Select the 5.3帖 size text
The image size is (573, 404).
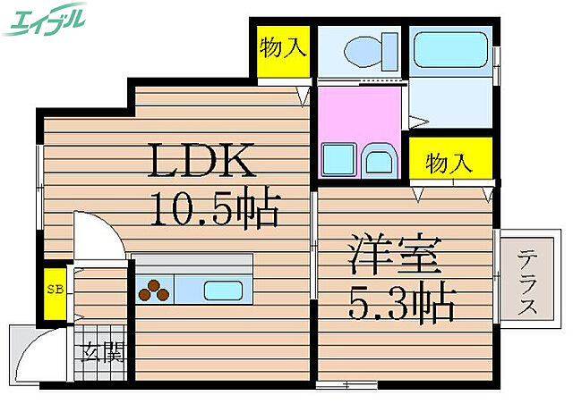pyautogui.click(x=402, y=304)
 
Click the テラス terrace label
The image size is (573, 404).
pyautogui.click(x=526, y=280)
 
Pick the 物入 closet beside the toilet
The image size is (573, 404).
pyautogui.click(x=280, y=46)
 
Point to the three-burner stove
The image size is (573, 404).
pyautogui.click(x=153, y=290)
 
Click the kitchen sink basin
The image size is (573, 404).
pyautogui.click(x=219, y=290)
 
